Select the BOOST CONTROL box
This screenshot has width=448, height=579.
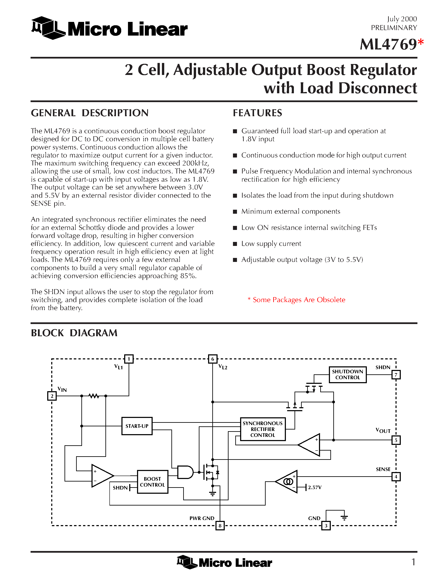tap(152, 482)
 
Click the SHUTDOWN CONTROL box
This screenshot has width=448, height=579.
tap(347, 374)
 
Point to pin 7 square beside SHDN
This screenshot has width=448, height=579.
tap(396, 375)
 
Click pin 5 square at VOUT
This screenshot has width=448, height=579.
tap(396, 440)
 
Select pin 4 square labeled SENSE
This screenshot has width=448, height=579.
tap(396, 477)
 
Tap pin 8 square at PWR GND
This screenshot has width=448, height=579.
tap(220, 526)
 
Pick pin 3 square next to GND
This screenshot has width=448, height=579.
tap(326, 526)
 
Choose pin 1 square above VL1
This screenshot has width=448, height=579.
tap(129, 359)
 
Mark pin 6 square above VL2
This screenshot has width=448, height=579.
tap(213, 359)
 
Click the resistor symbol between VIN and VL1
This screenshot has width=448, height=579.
tap(94, 396)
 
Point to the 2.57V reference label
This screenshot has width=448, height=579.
tap(315, 487)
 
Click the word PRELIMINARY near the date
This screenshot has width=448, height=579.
tap(394, 28)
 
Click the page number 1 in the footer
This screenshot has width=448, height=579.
tap(413, 562)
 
